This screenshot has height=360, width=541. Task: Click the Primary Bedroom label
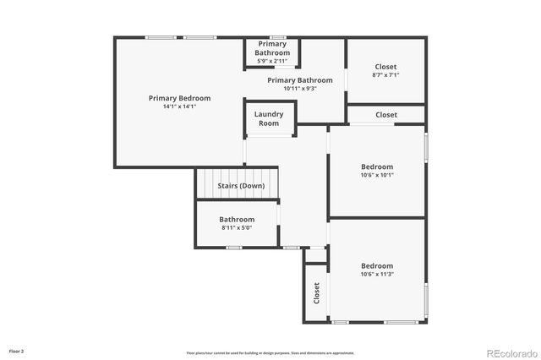tap(179, 98)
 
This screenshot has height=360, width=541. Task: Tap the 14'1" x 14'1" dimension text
tap(179, 107)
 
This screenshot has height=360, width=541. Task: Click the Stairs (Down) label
tap(241, 186)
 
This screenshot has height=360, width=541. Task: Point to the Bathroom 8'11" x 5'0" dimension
tap(237, 228)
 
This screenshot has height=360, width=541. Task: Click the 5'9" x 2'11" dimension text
tap(272, 61)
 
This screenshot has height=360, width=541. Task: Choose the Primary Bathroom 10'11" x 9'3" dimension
tap(292, 89)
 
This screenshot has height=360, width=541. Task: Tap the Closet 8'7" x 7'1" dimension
tap(385, 75)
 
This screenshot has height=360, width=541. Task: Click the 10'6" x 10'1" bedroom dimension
tap(377, 176)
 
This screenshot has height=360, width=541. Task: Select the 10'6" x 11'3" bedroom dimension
tap(377, 274)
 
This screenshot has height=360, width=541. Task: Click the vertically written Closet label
tap(317, 293)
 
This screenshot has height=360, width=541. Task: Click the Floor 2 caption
tap(17, 350)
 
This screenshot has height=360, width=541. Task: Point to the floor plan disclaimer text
tap(270, 352)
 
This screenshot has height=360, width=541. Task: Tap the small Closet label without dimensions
tap(386, 115)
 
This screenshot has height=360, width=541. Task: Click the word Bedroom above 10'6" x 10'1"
tap(377, 166)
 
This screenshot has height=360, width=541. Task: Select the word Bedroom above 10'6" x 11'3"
tap(377, 265)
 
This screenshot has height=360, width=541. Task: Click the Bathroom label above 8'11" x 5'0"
tap(237, 220)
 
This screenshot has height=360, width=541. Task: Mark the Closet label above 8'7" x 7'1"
tap(385, 67)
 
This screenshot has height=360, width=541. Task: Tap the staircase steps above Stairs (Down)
tap(237, 174)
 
